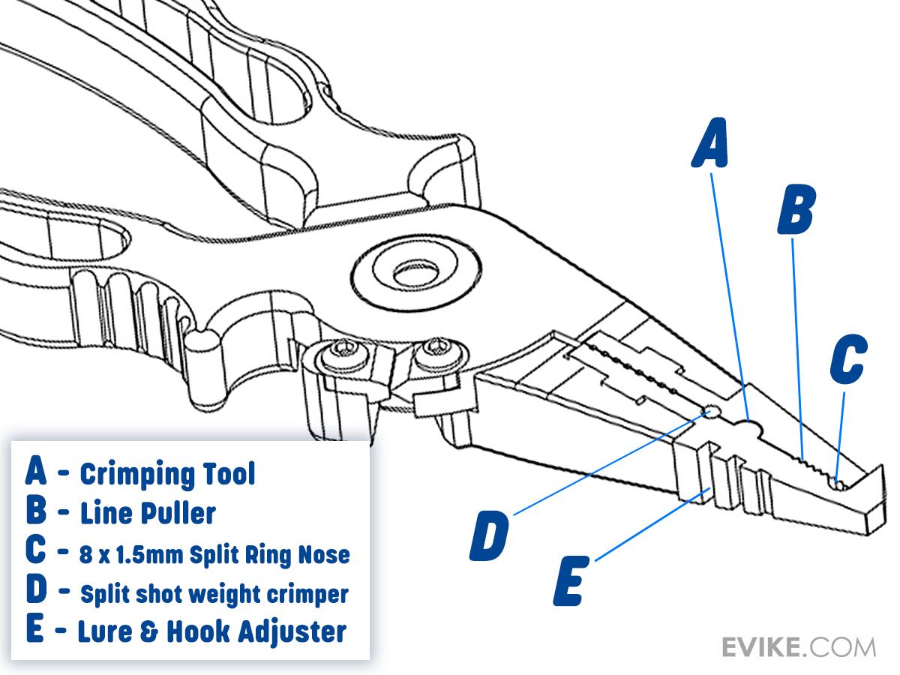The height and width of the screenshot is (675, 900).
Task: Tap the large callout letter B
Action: point(795,211)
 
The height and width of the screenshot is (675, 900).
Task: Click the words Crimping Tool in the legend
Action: point(167,474)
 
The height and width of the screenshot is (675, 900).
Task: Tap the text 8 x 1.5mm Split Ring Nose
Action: point(214,555)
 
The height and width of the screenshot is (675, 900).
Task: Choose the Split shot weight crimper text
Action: point(214,594)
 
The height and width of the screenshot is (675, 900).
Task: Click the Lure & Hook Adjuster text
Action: point(211,631)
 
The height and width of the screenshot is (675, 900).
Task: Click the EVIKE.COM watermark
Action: point(798,646)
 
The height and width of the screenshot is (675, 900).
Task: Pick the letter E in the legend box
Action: point(35,630)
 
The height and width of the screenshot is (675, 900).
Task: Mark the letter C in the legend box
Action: point(36,552)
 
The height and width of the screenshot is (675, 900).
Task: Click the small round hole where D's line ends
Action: point(711,412)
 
